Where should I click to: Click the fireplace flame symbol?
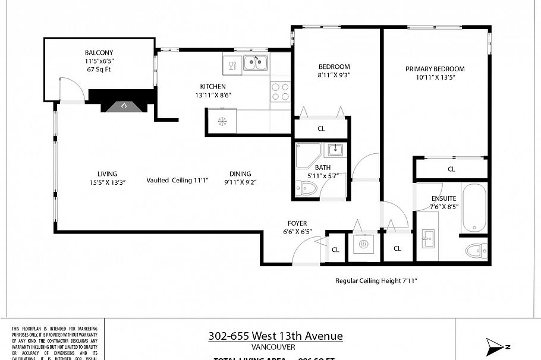coord(124,106)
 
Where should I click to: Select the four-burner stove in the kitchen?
coord(280,91)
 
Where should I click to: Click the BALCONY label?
coord(99,52)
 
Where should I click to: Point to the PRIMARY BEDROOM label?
coord(435,69)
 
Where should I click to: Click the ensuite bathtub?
coord(474,207)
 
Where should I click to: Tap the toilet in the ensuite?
coord(476,250)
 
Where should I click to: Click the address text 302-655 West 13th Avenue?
coord(275,336)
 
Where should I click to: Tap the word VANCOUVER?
coord(273,348)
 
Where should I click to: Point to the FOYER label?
coord(297,223)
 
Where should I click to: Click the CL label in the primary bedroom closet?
coord(451,169)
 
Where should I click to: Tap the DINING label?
coord(240,174)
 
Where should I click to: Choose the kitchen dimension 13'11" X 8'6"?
coord(213,95)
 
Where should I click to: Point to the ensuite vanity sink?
coord(428,241)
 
